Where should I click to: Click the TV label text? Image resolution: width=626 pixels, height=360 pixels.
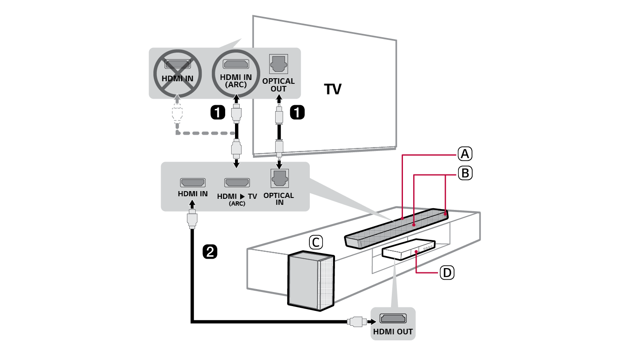332,89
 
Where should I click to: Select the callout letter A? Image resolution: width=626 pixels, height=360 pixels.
465,153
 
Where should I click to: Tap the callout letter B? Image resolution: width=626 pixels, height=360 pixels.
465,173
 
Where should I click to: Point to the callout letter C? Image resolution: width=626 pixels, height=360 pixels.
316,242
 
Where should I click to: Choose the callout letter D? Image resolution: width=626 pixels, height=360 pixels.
447,272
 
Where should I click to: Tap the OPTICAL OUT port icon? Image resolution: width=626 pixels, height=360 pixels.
279,64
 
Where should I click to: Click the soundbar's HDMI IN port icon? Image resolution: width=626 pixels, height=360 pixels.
193,183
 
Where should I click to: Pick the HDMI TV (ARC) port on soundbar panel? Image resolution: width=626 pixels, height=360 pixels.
237,183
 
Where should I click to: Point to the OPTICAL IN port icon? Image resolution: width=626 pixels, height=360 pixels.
279,178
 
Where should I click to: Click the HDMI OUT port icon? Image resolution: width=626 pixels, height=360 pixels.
393,319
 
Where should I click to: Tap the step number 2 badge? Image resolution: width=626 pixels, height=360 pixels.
210,251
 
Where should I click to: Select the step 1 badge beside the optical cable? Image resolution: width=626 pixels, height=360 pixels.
297,112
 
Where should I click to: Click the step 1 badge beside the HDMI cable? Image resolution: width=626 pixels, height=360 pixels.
217,112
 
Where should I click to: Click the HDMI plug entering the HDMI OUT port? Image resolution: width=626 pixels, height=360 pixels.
356,321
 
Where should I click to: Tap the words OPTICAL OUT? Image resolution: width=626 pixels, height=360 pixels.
279,85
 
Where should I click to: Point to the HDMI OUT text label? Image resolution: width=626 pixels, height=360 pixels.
393,331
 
